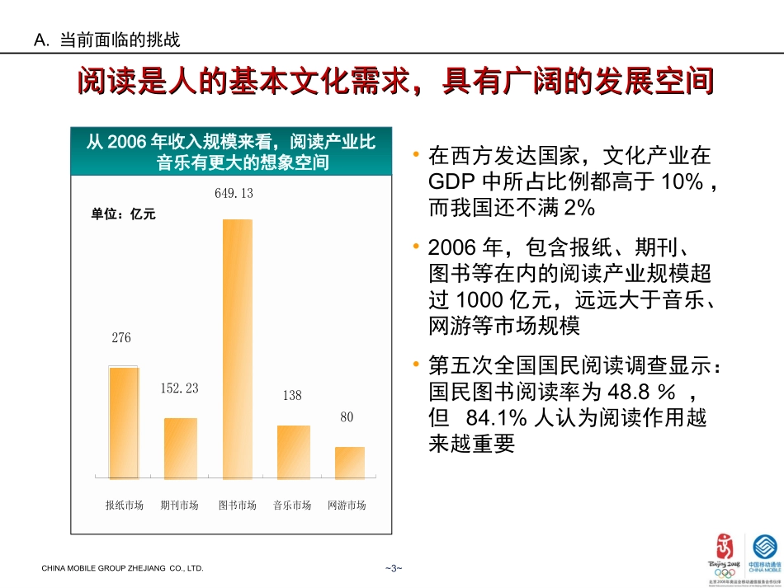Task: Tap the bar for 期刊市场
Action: tap(181, 448)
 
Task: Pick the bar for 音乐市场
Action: tap(293, 452)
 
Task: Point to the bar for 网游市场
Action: tap(349, 463)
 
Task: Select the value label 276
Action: tap(121, 337)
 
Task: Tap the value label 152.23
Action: tap(179, 388)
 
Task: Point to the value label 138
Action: tap(292, 396)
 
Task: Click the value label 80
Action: tap(347, 417)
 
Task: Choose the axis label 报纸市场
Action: tap(125, 506)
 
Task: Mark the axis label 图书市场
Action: tap(237, 506)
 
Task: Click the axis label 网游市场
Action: tap(347, 506)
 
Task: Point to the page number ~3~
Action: tap(392, 568)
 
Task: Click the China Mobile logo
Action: tap(764, 553)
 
